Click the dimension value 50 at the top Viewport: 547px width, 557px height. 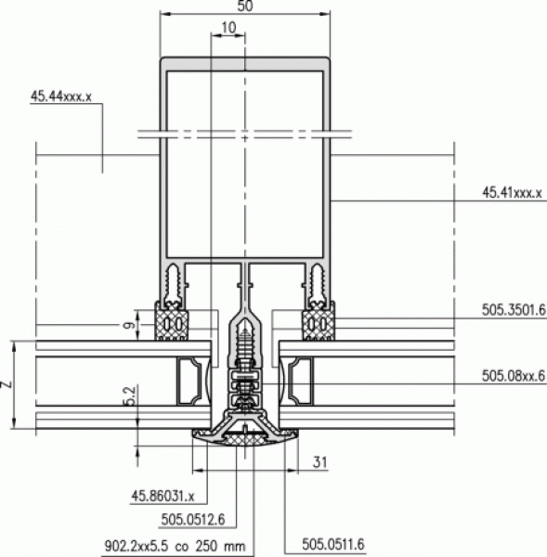pyautogui.click(x=245, y=6)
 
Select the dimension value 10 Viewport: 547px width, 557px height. pyautogui.click(x=228, y=27)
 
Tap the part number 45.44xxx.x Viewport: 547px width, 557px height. pyautogui.click(x=61, y=97)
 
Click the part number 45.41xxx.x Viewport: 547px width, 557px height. pyautogui.click(x=512, y=193)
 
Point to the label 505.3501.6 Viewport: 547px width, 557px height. pyautogui.click(x=514, y=310)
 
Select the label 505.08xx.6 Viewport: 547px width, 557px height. pyautogui.click(x=514, y=375)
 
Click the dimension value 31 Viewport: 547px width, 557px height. pyautogui.click(x=319, y=462)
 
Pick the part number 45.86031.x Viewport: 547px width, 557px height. pyautogui.click(x=163, y=496)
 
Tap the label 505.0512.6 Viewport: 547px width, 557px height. pyautogui.click(x=193, y=520)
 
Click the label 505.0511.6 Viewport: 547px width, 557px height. pyautogui.click(x=333, y=544)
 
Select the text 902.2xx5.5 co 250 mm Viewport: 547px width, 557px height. pyautogui.click(x=175, y=546)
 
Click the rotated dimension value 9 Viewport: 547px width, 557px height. pyautogui.click(x=130, y=325)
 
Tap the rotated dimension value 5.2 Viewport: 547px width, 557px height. pyautogui.click(x=130, y=396)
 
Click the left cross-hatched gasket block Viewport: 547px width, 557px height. pyautogui.click(x=171, y=321)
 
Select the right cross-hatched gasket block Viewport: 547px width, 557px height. pyautogui.click(x=319, y=321)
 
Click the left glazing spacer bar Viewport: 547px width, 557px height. pyautogui.click(x=189, y=382)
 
